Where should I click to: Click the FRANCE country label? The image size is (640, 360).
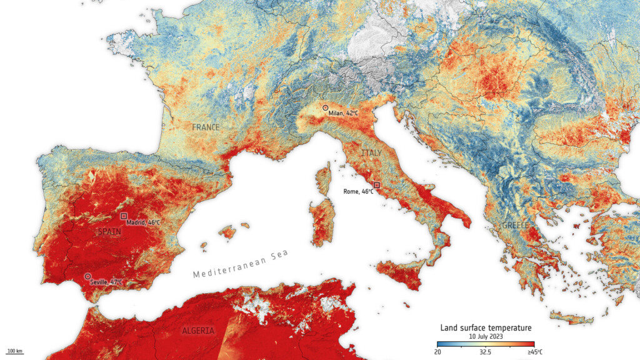[x=206, y=127]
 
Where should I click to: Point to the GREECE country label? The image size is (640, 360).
[x=515, y=225]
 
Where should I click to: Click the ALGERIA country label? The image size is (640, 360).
[x=199, y=331]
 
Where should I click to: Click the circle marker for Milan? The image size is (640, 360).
[x=325, y=107]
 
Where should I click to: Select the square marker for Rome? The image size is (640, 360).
[x=376, y=185]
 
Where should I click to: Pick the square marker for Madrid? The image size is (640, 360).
[x=124, y=216]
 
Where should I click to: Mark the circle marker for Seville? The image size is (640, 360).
[x=87, y=276]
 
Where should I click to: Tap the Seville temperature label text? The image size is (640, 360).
[x=107, y=282]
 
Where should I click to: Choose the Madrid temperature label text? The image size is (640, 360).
[x=143, y=222]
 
